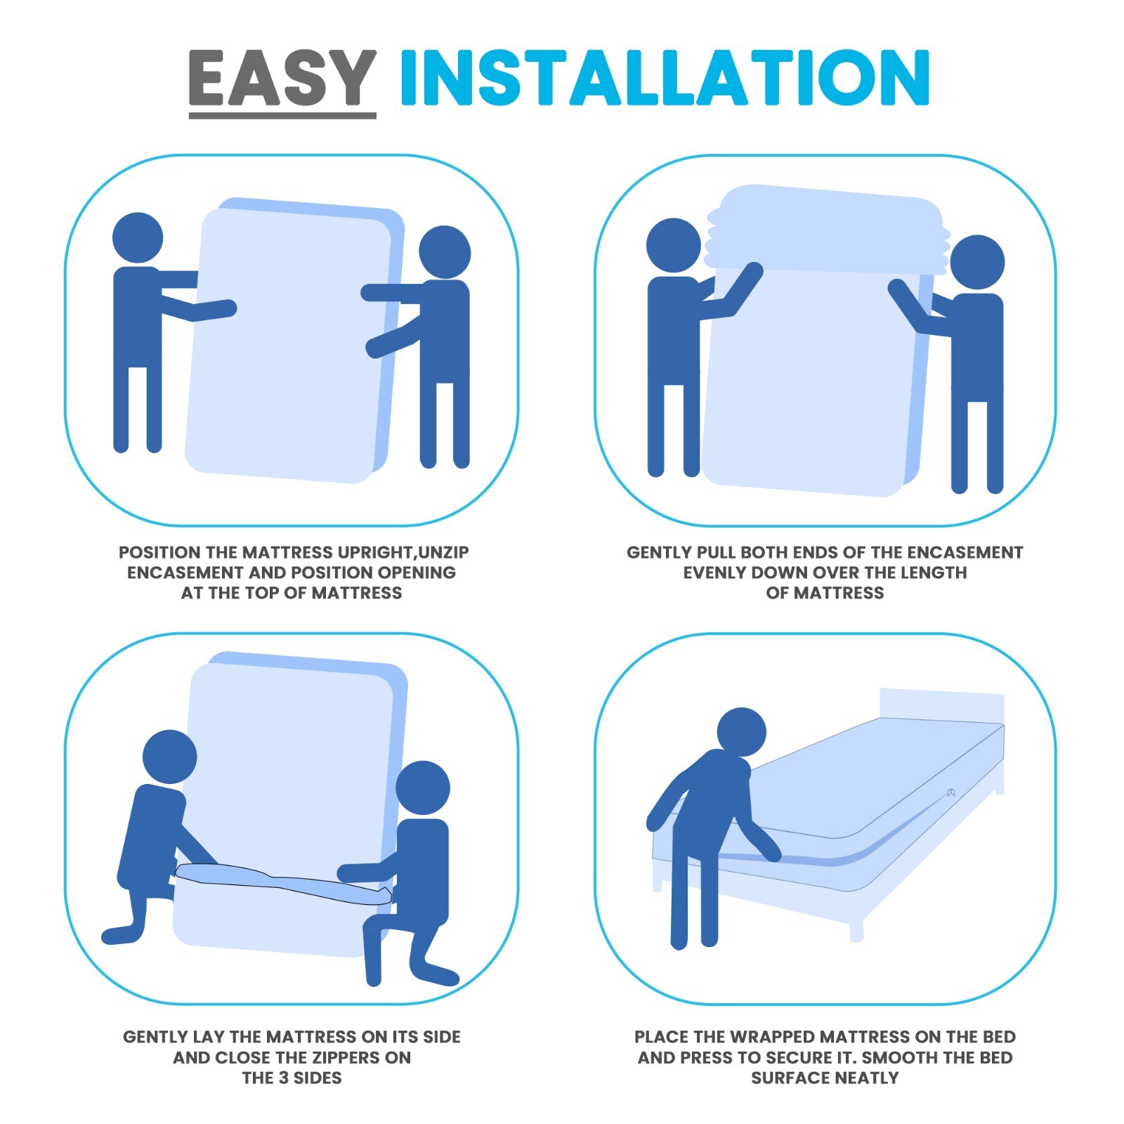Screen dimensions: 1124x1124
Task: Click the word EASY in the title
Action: click(x=282, y=78)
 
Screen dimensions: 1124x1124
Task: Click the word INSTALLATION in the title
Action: click(x=665, y=78)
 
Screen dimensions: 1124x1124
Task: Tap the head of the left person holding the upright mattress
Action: click(x=138, y=238)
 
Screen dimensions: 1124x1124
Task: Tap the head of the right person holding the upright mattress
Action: click(x=445, y=252)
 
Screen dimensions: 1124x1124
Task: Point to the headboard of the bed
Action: click(x=941, y=706)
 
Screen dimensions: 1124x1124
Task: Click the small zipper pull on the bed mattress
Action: click(x=950, y=792)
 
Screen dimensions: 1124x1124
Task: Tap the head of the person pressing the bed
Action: click(x=741, y=732)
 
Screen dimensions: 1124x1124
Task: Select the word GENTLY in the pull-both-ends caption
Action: click(x=658, y=553)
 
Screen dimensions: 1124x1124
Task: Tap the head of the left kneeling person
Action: click(x=169, y=757)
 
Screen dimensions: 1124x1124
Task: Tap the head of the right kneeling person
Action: click(x=422, y=788)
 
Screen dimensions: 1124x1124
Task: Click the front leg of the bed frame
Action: click(x=856, y=932)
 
